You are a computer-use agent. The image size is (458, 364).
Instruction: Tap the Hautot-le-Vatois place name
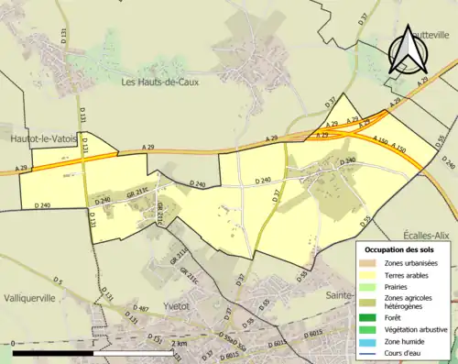click(x=41, y=138)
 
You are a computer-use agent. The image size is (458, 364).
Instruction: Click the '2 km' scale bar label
click(x=179, y=343)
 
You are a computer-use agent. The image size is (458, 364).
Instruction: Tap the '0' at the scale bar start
click(x=14, y=343)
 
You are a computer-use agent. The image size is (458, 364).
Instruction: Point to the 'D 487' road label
click(x=141, y=308)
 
